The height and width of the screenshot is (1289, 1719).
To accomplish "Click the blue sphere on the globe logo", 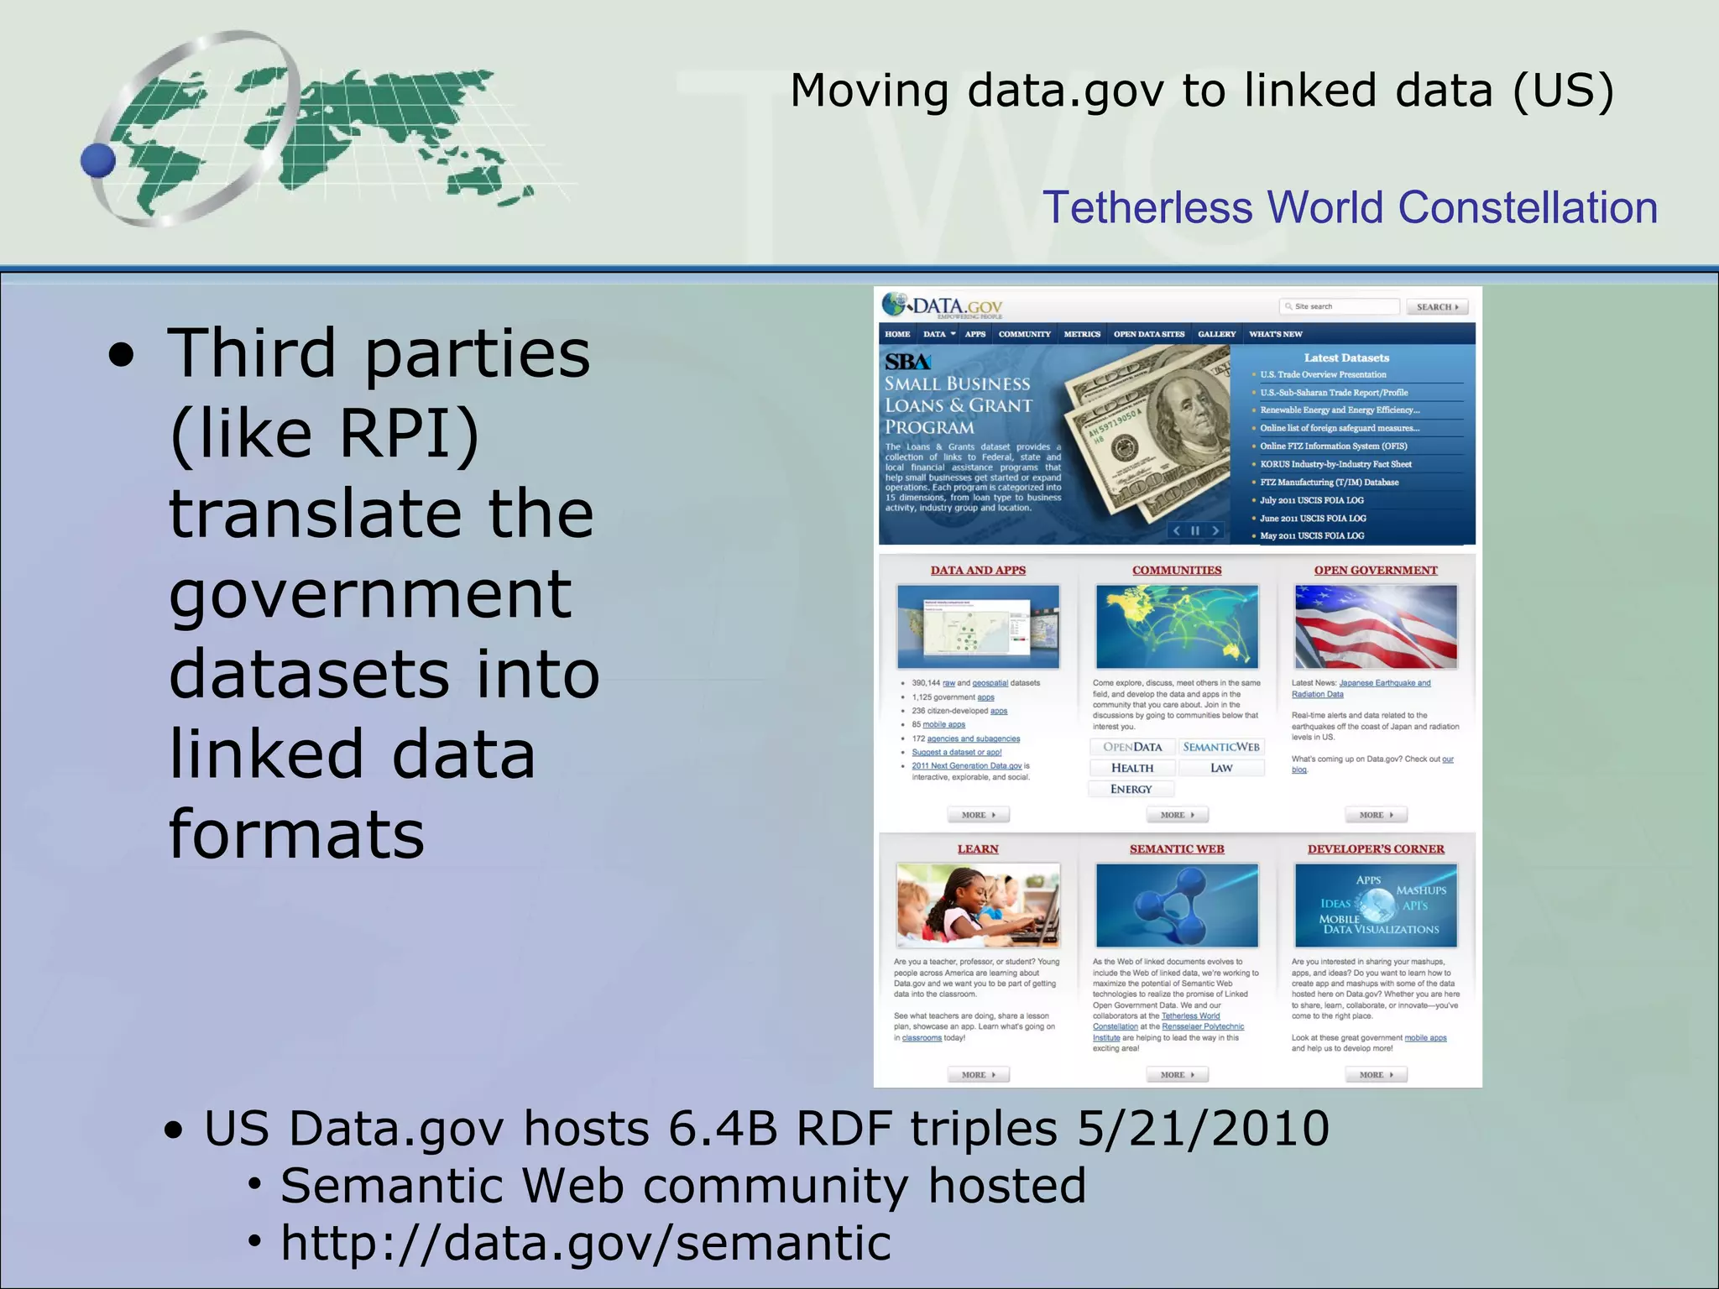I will coord(98,160).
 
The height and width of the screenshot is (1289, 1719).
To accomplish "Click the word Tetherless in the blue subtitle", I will coord(1147,208).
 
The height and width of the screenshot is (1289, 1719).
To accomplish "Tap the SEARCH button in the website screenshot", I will coord(1437,307).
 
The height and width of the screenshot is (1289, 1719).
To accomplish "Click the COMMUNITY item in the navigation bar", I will coord(1024,334).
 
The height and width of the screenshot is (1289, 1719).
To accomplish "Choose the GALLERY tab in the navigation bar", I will coord(1216,334).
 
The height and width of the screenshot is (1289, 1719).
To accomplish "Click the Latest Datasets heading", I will coord(1346,357).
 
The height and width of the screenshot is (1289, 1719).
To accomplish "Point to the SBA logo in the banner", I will coord(907,362).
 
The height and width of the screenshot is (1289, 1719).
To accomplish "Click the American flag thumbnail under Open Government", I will coord(1376,627).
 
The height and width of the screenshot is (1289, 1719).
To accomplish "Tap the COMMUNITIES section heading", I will coord(1177,571).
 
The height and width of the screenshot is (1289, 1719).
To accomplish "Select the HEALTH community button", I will coord(1132,768).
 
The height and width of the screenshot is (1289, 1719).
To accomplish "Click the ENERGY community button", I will coord(1131,789).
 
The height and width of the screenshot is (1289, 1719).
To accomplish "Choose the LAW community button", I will coord(1221,768).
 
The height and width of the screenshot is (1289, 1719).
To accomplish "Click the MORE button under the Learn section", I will coord(978,1075).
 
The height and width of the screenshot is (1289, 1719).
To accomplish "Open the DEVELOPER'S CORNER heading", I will coord(1376,849).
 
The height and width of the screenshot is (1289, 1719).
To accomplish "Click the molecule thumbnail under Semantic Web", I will coord(1177,905).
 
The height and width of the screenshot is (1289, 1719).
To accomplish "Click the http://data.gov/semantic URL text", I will coord(585,1243).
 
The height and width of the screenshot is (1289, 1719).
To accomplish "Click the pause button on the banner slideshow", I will coord(1195,530).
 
